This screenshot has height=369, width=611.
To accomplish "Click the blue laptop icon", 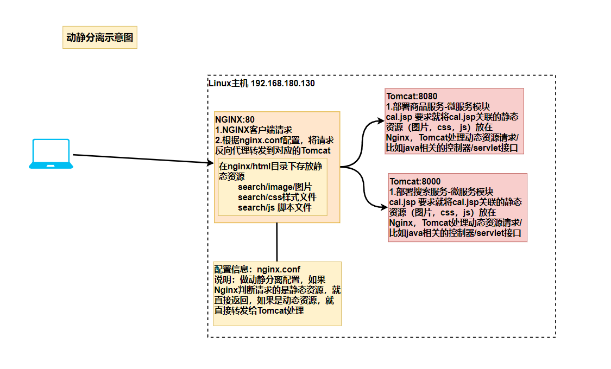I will pos(51,154).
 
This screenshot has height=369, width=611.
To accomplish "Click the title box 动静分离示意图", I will pos(100,38).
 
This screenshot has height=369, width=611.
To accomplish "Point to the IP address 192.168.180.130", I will pos(283,84).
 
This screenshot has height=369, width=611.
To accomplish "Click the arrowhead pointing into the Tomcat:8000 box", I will pos(384,206).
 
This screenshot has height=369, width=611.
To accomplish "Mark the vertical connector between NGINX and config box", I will pos(277,242).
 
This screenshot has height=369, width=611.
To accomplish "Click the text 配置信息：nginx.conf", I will pos(257,269).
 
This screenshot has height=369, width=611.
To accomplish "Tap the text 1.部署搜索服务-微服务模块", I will pos(441,192).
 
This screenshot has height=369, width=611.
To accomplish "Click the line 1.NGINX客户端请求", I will pos(254,130).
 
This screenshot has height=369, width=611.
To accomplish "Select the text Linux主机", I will pos(228,84).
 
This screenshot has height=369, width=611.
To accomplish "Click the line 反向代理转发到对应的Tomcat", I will pos(273,150).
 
